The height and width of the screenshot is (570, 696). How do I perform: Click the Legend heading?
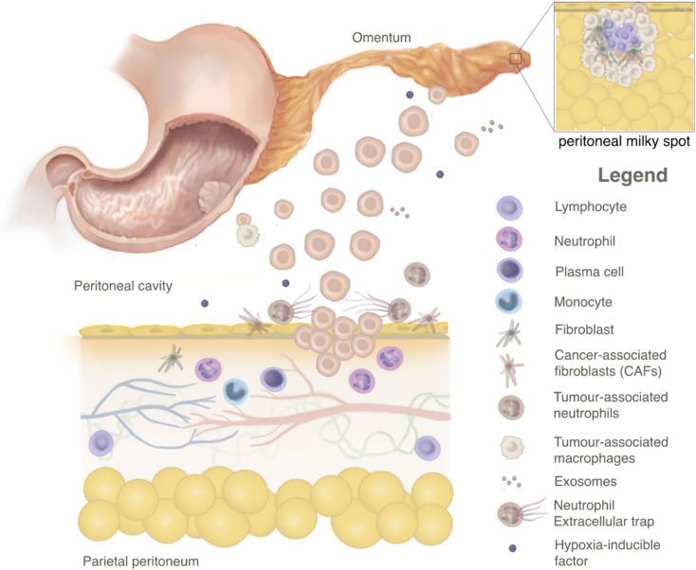[x=632, y=175]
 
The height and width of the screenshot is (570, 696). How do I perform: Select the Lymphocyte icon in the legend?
[x=509, y=207]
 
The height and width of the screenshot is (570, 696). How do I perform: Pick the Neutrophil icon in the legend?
[x=509, y=239]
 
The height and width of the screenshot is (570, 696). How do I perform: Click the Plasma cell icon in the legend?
[x=509, y=271]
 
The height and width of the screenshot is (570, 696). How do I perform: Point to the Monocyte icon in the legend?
[x=509, y=303]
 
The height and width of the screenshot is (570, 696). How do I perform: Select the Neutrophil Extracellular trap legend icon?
[x=512, y=513]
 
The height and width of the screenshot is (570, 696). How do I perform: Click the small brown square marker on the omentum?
[x=516, y=59]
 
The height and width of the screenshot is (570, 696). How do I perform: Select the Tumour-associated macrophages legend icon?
[x=509, y=446]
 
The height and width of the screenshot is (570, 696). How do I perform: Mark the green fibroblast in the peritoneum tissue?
[x=172, y=358]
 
